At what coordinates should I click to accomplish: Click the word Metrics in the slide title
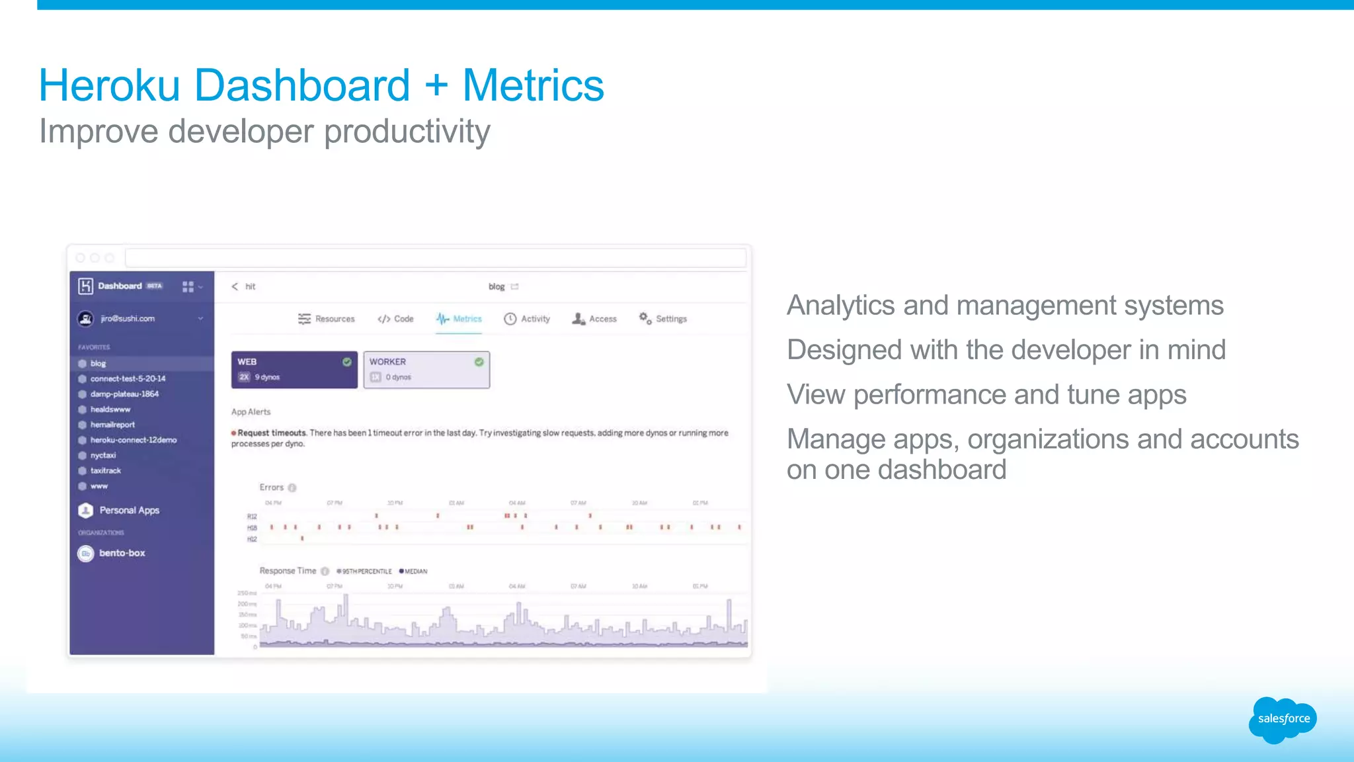pos(533,86)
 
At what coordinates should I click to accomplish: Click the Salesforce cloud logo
pos(1283,720)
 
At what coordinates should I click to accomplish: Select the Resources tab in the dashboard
pos(327,319)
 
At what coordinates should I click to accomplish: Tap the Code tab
pos(396,319)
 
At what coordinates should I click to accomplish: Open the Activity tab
pos(528,319)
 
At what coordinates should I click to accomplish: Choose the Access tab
pos(594,319)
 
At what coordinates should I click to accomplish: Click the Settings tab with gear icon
pos(663,319)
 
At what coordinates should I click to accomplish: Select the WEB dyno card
pos(294,369)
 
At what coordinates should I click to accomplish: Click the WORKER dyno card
pos(426,369)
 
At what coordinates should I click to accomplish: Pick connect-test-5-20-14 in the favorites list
pos(128,379)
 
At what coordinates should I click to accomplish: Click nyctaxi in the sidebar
pos(103,456)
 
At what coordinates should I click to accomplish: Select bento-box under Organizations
pos(122,553)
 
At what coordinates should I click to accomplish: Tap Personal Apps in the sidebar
pos(129,511)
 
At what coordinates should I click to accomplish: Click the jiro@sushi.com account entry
pos(128,319)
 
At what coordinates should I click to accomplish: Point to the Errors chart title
pos(272,487)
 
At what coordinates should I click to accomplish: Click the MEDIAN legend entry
pos(415,571)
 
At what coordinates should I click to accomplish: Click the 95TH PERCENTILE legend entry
pos(366,571)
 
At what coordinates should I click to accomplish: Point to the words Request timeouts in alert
pos(272,433)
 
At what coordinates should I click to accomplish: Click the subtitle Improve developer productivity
pos(264,132)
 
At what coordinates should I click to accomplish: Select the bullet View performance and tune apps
pos(986,395)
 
